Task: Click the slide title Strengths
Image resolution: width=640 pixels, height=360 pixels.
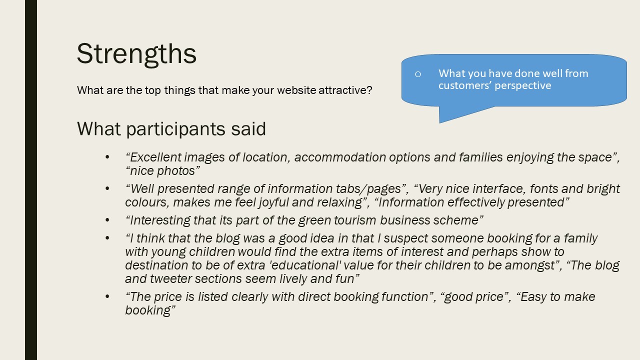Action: pos(136,55)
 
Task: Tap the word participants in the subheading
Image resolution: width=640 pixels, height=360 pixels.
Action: pos(176,129)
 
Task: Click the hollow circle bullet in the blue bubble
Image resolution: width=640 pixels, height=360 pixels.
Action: pos(418,74)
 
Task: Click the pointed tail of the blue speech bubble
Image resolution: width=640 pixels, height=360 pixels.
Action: pos(440,122)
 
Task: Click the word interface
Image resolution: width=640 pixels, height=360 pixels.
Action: pos(498,189)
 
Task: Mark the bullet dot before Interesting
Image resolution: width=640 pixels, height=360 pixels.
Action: pos(107,220)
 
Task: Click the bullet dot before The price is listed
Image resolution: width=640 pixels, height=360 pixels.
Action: pos(107,297)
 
